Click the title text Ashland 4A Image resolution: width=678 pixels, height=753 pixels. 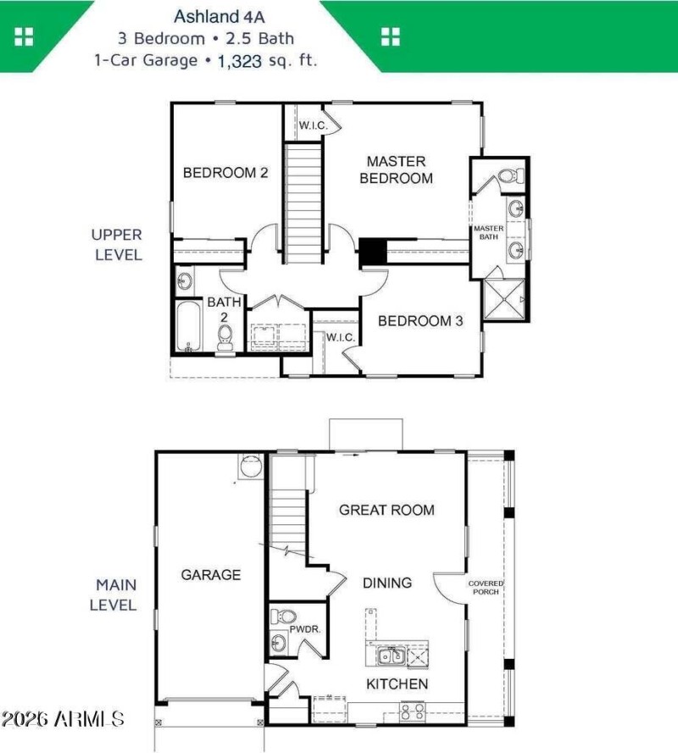pyautogui.click(x=207, y=15)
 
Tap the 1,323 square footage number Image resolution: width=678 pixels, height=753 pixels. pyautogui.click(x=239, y=61)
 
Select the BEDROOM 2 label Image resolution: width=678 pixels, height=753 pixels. pyautogui.click(x=225, y=173)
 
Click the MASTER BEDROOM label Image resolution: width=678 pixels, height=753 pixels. pyautogui.click(x=396, y=169)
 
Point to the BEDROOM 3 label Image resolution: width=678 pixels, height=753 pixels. pyautogui.click(x=420, y=321)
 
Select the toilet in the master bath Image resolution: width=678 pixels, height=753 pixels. pyautogui.click(x=508, y=176)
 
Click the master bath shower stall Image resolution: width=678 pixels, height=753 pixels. pyautogui.click(x=504, y=300)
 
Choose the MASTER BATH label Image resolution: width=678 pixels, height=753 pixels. pyautogui.click(x=489, y=233)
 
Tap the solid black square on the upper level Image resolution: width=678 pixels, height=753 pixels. pyautogui.click(x=372, y=251)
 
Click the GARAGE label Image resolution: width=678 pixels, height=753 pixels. pyautogui.click(x=211, y=575)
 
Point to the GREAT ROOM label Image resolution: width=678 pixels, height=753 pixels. pyautogui.click(x=386, y=510)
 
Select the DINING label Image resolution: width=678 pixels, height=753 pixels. pyautogui.click(x=387, y=583)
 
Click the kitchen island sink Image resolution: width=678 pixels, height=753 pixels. pyautogui.click(x=390, y=655)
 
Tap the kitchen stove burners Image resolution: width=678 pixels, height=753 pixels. pyautogui.click(x=413, y=711)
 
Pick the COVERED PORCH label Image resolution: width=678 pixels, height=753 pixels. pyautogui.click(x=486, y=587)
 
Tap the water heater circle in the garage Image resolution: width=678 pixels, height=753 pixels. pyautogui.click(x=252, y=466)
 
